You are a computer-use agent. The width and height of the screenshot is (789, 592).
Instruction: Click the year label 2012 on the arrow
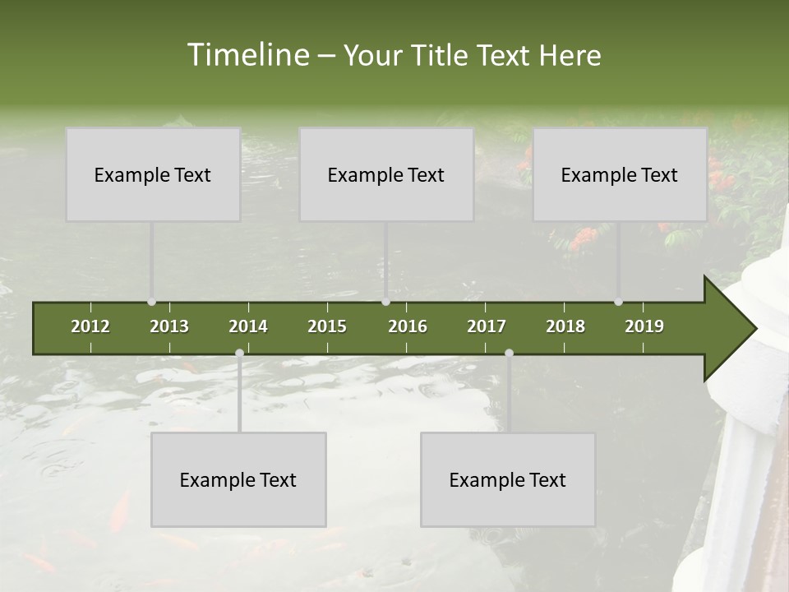(x=90, y=326)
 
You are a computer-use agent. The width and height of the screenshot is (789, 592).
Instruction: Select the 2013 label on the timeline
(x=169, y=326)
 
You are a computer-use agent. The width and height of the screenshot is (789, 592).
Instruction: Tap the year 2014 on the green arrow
(x=248, y=326)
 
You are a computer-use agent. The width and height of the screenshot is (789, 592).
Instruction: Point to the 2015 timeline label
(x=327, y=326)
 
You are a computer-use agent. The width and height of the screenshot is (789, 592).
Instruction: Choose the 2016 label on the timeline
(x=408, y=326)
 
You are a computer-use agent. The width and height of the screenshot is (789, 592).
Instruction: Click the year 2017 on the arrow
(x=487, y=326)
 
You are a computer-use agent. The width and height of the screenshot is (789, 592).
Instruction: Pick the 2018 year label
(x=565, y=326)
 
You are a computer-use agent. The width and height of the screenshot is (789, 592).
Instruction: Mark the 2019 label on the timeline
(x=644, y=326)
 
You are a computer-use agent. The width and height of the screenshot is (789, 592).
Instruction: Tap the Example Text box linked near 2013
(x=153, y=174)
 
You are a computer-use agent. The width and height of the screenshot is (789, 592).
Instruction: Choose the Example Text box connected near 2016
(x=386, y=174)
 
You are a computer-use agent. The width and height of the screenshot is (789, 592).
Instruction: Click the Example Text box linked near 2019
(x=620, y=174)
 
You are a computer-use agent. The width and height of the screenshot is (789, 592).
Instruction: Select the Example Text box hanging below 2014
(x=238, y=479)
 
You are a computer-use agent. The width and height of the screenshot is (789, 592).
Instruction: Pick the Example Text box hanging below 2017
(x=508, y=479)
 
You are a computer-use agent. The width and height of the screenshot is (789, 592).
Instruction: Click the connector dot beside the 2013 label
(x=151, y=302)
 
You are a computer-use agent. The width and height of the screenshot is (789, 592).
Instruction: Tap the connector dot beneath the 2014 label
(x=239, y=354)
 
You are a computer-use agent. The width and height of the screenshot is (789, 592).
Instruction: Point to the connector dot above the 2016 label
(x=385, y=302)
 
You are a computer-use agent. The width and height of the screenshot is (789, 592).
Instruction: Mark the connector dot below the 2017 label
(x=509, y=354)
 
